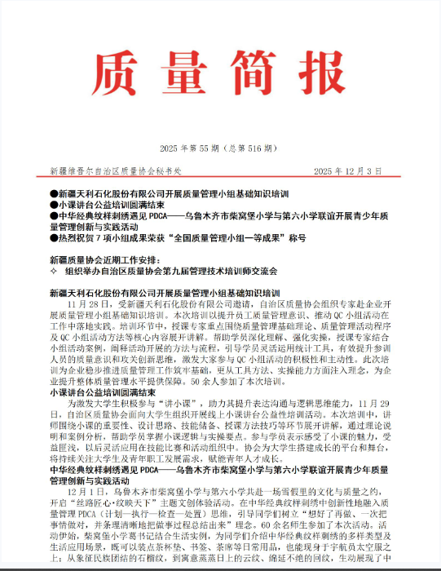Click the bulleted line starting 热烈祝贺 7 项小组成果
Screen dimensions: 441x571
179,237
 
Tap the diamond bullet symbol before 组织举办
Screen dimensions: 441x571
54,270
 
